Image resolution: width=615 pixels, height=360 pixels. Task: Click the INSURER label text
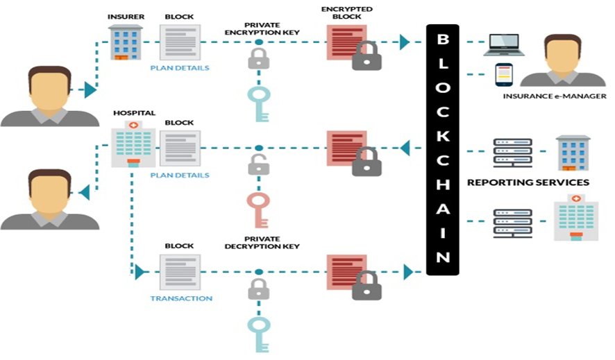point(126,16)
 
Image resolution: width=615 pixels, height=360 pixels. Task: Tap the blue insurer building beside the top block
point(126,42)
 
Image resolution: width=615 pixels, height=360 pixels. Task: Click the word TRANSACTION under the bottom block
point(180,298)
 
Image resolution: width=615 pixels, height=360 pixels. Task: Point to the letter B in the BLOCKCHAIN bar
point(442,39)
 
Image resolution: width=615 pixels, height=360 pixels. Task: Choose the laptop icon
point(504,44)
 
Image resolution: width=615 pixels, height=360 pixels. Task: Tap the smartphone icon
point(503,74)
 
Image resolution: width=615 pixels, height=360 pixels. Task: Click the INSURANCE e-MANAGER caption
point(555,96)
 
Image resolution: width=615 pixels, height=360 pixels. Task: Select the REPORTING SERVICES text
point(528,182)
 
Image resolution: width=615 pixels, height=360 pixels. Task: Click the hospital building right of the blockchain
point(575,218)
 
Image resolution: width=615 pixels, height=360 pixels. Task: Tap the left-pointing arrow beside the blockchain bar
point(405,148)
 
